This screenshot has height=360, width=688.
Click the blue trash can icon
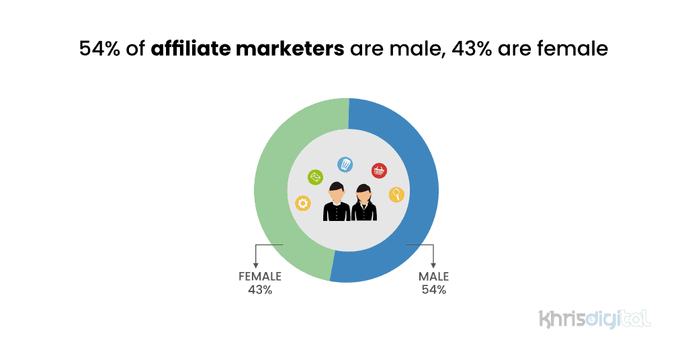tap(345, 164)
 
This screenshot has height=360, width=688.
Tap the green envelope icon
tap(316, 177)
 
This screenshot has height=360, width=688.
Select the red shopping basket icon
tap(379, 171)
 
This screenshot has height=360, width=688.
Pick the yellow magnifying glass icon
tap(396, 195)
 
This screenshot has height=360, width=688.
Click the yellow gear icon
tap(303, 203)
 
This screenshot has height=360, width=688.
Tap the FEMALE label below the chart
tap(259, 277)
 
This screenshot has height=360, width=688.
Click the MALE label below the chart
tap(433, 277)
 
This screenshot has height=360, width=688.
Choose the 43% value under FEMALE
tap(259, 290)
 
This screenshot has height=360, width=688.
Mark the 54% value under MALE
tap(433, 290)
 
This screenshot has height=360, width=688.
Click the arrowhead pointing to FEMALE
tap(255, 265)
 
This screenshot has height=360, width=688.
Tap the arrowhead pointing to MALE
tap(433, 265)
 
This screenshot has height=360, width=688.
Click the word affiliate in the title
tap(191, 49)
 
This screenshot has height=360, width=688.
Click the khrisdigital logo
tap(595, 318)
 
